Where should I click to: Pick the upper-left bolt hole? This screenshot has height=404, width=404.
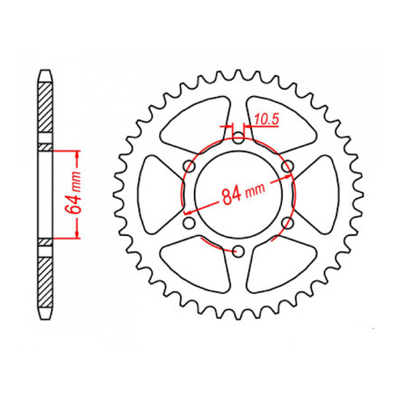pos(189,166)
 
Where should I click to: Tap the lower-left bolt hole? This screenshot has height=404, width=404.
pos(189,223)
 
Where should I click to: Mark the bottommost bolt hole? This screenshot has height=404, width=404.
pos(238,251)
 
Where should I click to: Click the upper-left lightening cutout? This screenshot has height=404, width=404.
pos(198,121)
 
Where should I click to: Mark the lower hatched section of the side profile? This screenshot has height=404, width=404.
pos(46,279)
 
